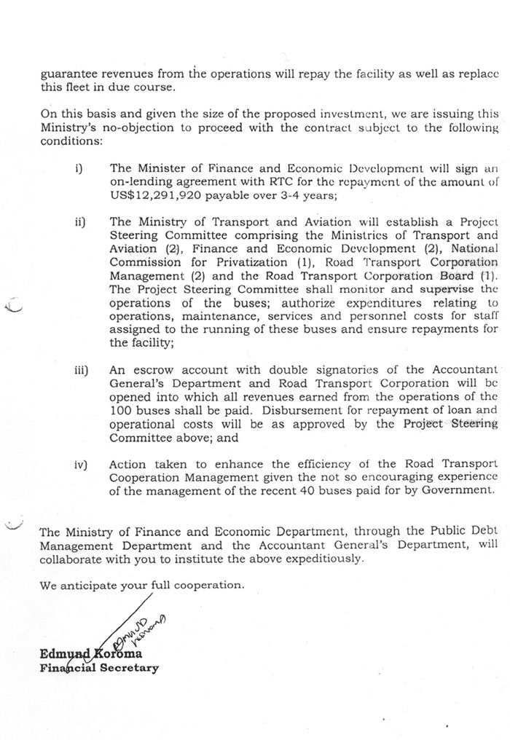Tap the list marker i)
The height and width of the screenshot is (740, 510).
79,169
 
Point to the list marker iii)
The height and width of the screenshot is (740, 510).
80,370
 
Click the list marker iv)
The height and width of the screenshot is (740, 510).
79,464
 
